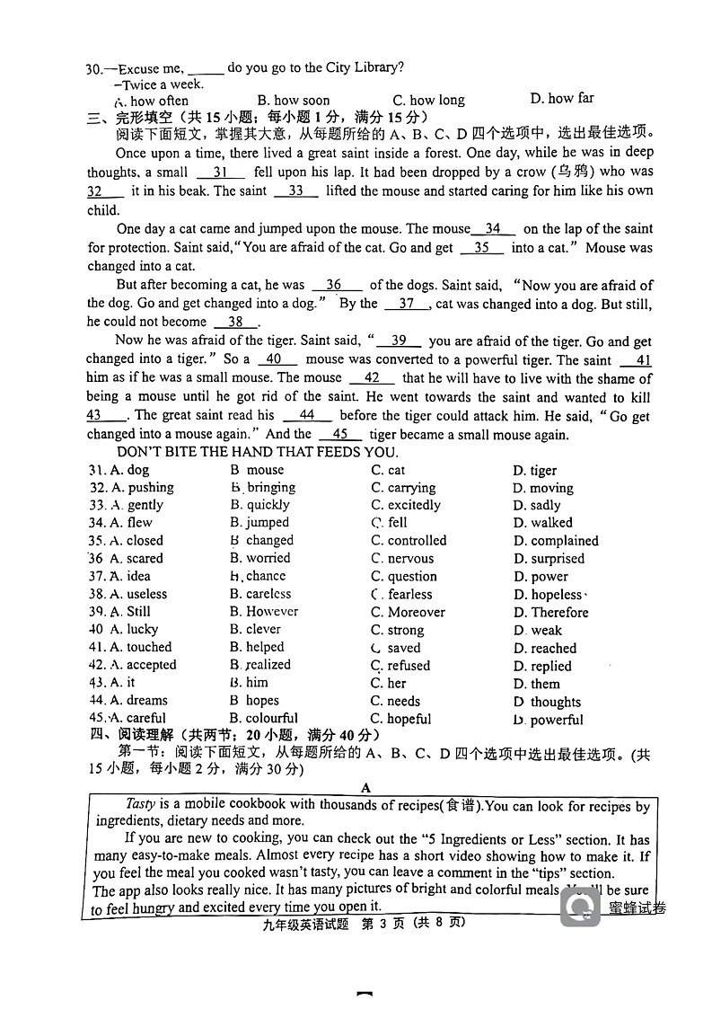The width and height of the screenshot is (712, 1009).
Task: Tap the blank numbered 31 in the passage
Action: pyautogui.click(x=221, y=172)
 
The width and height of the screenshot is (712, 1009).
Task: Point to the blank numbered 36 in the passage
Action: pyautogui.click(x=336, y=285)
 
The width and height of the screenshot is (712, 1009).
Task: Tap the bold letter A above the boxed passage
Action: pyautogui.click(x=365, y=788)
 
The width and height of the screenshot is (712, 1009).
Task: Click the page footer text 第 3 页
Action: pyautogui.click(x=391, y=922)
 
